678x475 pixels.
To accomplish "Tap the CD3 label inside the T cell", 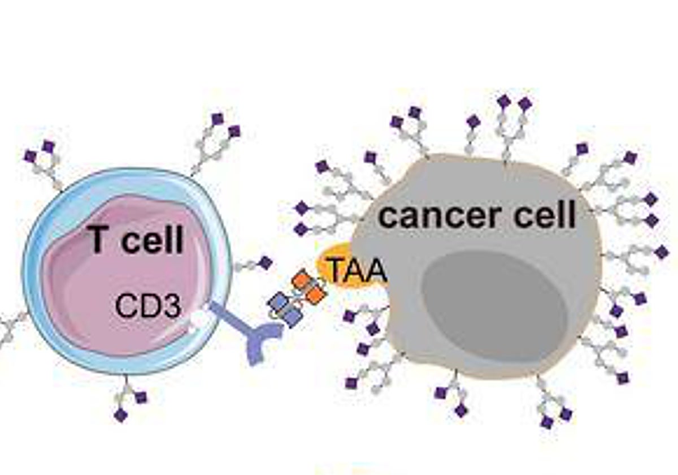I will tap(148, 307).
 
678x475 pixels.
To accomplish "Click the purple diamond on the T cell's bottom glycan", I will tap(120, 416).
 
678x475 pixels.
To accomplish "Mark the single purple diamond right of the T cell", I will tap(266, 263).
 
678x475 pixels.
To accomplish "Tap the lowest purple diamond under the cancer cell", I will tap(546, 422).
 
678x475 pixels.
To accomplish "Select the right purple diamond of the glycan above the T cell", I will tap(234, 132).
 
